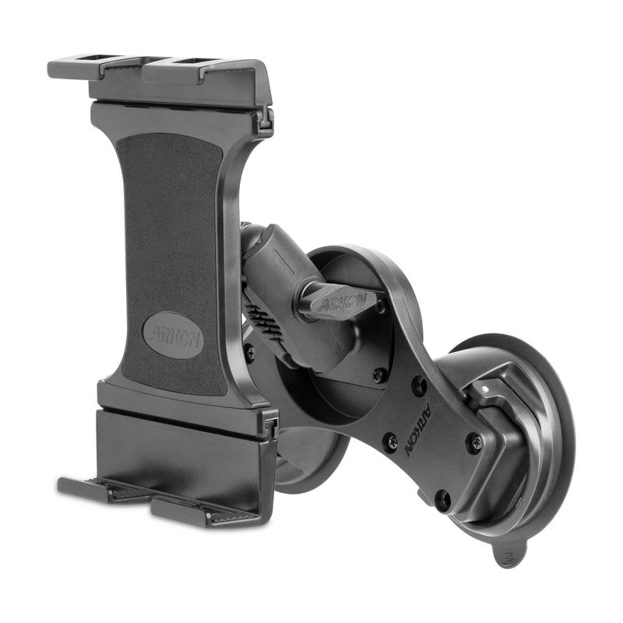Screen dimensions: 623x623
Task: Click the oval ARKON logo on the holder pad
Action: [173, 335]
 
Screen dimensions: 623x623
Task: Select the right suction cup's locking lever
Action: [498, 405]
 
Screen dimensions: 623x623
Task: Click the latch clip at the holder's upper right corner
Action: [265, 117]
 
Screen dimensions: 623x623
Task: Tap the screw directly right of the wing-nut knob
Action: [379, 307]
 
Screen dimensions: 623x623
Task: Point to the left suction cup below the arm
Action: [311, 459]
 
